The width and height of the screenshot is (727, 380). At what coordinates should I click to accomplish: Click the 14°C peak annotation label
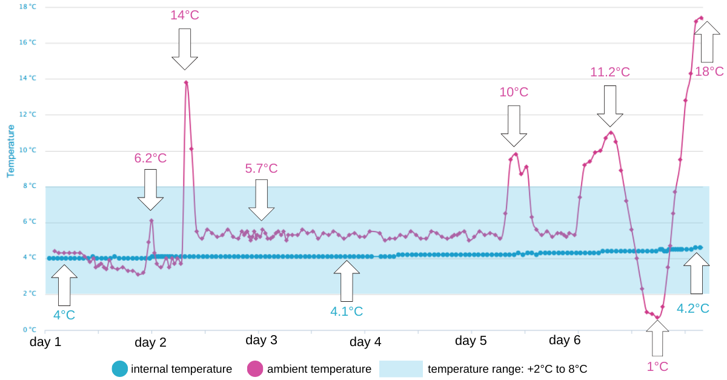pos(185,15)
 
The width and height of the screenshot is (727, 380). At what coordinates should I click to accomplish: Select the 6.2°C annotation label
pos(150,158)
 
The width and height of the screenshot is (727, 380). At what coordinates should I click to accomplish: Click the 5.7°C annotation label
pos(261,168)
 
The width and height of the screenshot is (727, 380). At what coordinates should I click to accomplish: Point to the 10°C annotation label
pos(514,92)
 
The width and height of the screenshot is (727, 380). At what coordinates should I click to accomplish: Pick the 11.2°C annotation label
pos(610,72)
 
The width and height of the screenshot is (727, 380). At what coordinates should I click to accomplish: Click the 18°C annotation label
pos(709,72)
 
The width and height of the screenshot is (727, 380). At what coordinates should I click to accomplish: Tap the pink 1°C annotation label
pos(657,366)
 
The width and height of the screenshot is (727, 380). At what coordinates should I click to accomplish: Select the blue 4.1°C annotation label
pos(347,312)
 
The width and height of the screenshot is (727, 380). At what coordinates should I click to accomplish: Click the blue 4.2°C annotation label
pos(693,308)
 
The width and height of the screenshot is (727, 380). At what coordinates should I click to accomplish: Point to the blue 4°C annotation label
pos(64,315)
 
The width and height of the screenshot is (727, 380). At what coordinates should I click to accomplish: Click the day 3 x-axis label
pos(261,340)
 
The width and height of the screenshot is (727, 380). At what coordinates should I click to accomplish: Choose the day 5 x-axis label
pos(471,341)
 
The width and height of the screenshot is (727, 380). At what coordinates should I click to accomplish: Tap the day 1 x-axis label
pos(45,342)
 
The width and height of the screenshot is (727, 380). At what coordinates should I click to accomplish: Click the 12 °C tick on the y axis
pos(28,115)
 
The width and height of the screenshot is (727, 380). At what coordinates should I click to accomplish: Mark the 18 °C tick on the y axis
pos(28,7)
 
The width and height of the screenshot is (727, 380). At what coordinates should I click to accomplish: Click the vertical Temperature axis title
pos(10,151)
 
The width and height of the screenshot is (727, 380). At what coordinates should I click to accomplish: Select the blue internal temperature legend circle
pos(120,368)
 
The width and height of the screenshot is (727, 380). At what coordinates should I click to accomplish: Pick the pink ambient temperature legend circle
pos(256,368)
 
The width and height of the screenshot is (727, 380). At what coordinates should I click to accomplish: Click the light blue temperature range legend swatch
pos(400,368)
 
